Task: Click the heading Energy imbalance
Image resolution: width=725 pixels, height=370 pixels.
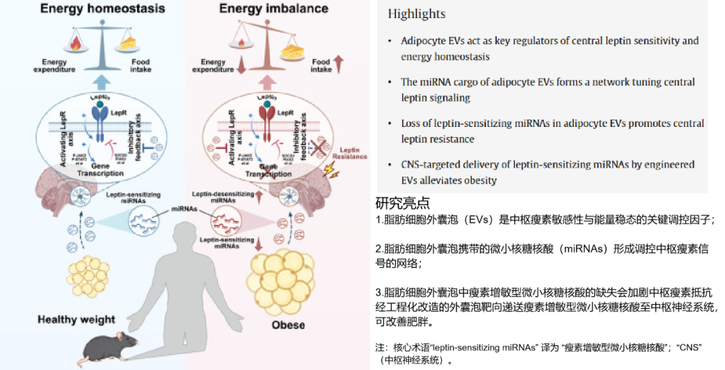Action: point(274,9)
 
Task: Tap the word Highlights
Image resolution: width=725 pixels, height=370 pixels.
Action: point(416,14)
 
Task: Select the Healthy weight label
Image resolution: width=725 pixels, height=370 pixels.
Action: point(77,320)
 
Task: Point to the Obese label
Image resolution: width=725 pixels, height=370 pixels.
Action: point(288,325)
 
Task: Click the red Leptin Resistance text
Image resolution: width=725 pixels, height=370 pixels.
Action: point(354,152)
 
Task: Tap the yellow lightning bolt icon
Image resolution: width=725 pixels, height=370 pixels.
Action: point(330,170)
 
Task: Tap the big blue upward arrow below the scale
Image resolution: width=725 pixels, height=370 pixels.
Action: point(101,83)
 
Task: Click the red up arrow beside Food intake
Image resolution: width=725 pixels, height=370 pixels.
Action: point(339,65)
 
